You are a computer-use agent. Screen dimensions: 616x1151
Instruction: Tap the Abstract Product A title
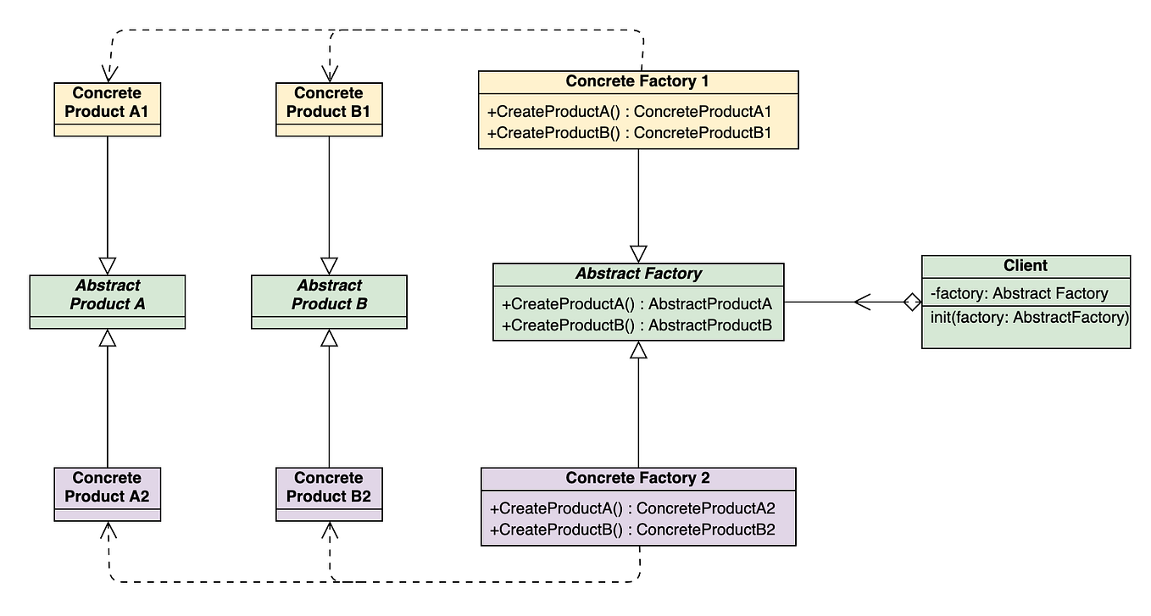coord(107,294)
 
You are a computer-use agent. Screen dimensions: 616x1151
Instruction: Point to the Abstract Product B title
coord(329,294)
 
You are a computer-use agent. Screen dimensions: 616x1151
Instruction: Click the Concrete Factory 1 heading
coord(637,81)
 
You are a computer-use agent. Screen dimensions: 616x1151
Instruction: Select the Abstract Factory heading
coord(637,274)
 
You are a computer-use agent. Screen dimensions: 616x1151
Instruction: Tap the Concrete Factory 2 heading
coord(637,478)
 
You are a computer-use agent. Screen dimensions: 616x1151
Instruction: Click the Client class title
coord(1025,265)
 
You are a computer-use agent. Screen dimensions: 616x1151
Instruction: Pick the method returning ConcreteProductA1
coord(629,112)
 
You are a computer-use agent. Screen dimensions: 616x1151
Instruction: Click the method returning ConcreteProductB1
coord(629,132)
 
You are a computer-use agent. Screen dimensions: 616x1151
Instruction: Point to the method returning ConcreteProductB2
coord(632,530)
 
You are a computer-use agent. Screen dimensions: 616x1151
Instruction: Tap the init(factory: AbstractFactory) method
coord(1028,318)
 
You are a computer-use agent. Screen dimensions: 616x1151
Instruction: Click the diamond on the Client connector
coord(911,301)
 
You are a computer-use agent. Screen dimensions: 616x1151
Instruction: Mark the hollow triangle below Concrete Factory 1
coord(638,253)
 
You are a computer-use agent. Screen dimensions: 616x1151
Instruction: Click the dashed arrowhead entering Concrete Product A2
coord(108,530)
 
